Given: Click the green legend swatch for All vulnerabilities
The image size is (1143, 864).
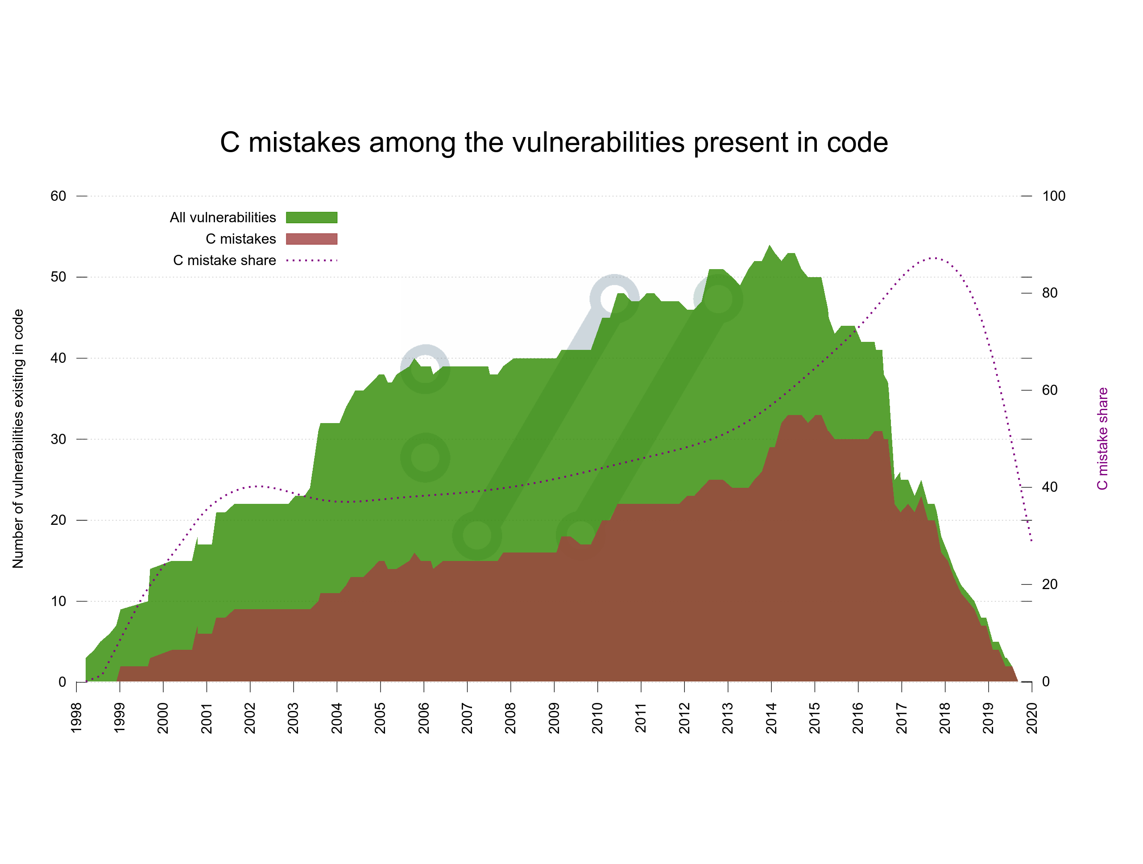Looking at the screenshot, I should [311, 217].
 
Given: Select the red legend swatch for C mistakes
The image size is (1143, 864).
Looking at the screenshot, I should [311, 239].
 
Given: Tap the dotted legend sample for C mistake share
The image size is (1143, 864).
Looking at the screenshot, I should [311, 261].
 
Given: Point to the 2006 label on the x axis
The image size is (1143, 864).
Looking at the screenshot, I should [424, 718].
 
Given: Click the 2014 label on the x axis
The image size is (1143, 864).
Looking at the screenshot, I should [771, 718].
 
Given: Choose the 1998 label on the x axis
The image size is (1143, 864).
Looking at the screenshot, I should [76, 718].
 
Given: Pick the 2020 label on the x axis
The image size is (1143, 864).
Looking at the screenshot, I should [1032, 718].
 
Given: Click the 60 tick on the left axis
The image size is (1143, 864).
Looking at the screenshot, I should [58, 196].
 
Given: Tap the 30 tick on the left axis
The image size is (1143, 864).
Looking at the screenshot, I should [58, 439].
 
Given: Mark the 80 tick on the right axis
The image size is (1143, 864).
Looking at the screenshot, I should [1049, 293].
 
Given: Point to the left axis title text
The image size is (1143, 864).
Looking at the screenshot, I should [18, 438].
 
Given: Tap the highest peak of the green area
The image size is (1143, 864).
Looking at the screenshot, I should [770, 245].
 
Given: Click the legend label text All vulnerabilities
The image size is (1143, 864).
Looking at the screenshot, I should [223, 217].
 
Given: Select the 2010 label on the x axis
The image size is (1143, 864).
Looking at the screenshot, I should [597, 718].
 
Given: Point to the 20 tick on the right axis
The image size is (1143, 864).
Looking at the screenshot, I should [1049, 585].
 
